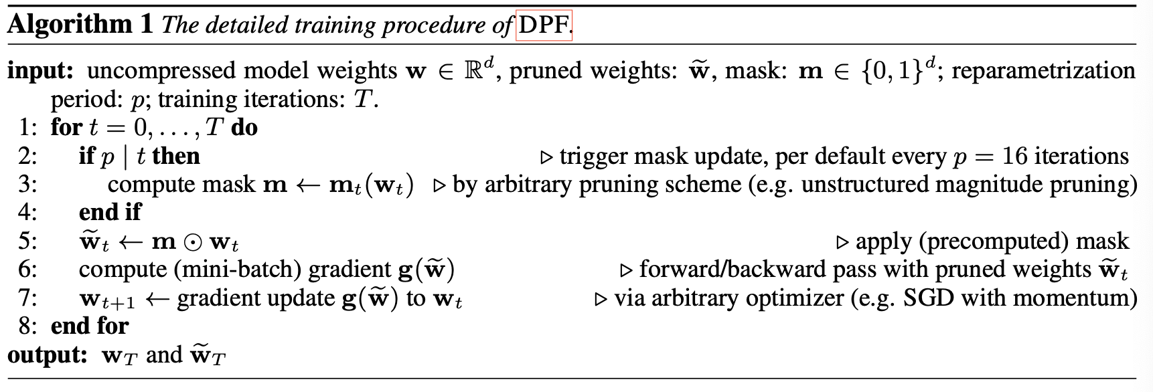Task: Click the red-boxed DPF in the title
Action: [544, 25]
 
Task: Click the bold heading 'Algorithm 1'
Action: [80, 25]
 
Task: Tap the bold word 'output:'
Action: [48, 355]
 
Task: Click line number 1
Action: [27, 128]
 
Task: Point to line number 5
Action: [27, 241]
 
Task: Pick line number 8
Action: [27, 326]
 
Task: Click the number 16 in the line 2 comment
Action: [1014, 157]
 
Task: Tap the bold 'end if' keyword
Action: [110, 213]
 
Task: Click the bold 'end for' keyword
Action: [90, 326]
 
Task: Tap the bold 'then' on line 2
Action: [176, 157]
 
